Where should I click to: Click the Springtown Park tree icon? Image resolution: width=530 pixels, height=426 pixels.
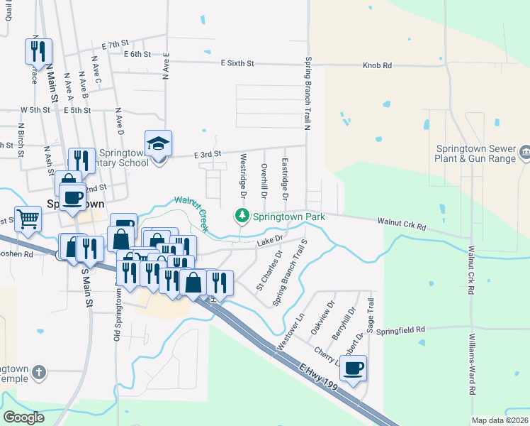click(242, 215)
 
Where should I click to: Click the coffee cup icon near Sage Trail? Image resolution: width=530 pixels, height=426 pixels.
click(353, 368)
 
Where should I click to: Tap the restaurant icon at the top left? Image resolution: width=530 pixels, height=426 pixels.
click(39, 52)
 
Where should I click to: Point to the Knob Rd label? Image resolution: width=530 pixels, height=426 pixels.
click(377, 65)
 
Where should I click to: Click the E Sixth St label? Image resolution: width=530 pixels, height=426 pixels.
click(237, 63)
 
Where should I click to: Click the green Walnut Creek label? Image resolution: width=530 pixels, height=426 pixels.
click(191, 212)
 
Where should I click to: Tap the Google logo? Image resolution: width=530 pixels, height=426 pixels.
click(23, 417)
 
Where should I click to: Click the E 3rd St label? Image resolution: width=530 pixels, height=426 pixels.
click(208, 153)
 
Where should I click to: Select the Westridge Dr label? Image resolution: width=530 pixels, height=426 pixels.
click(243, 175)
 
